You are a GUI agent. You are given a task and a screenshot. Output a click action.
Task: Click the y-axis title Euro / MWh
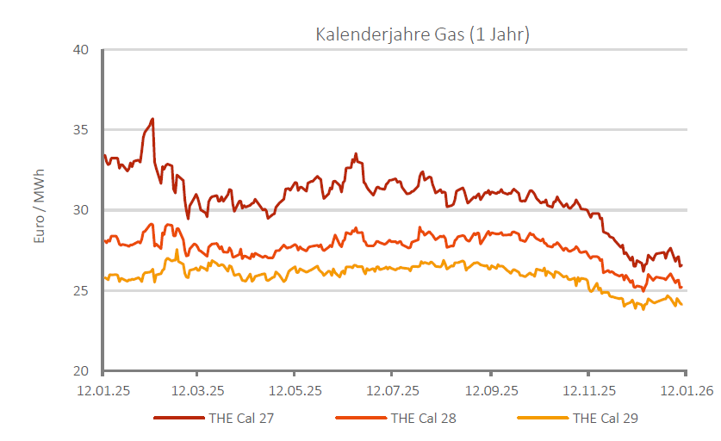tap(39, 211)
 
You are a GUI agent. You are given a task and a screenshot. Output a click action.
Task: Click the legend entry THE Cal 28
tap(424, 419)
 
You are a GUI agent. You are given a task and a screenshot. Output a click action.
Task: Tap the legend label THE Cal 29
tap(606, 419)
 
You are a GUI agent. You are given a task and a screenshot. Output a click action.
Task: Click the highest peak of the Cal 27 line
tap(152, 119)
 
